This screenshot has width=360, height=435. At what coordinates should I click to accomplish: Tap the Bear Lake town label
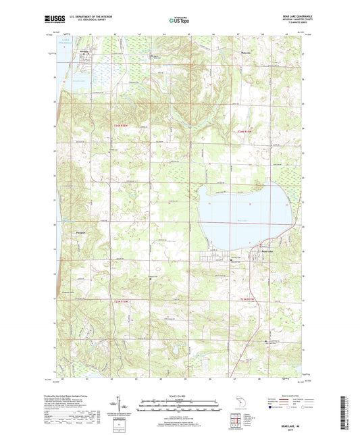(266, 251)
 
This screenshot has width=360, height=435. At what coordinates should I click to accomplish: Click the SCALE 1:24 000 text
(180, 396)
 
